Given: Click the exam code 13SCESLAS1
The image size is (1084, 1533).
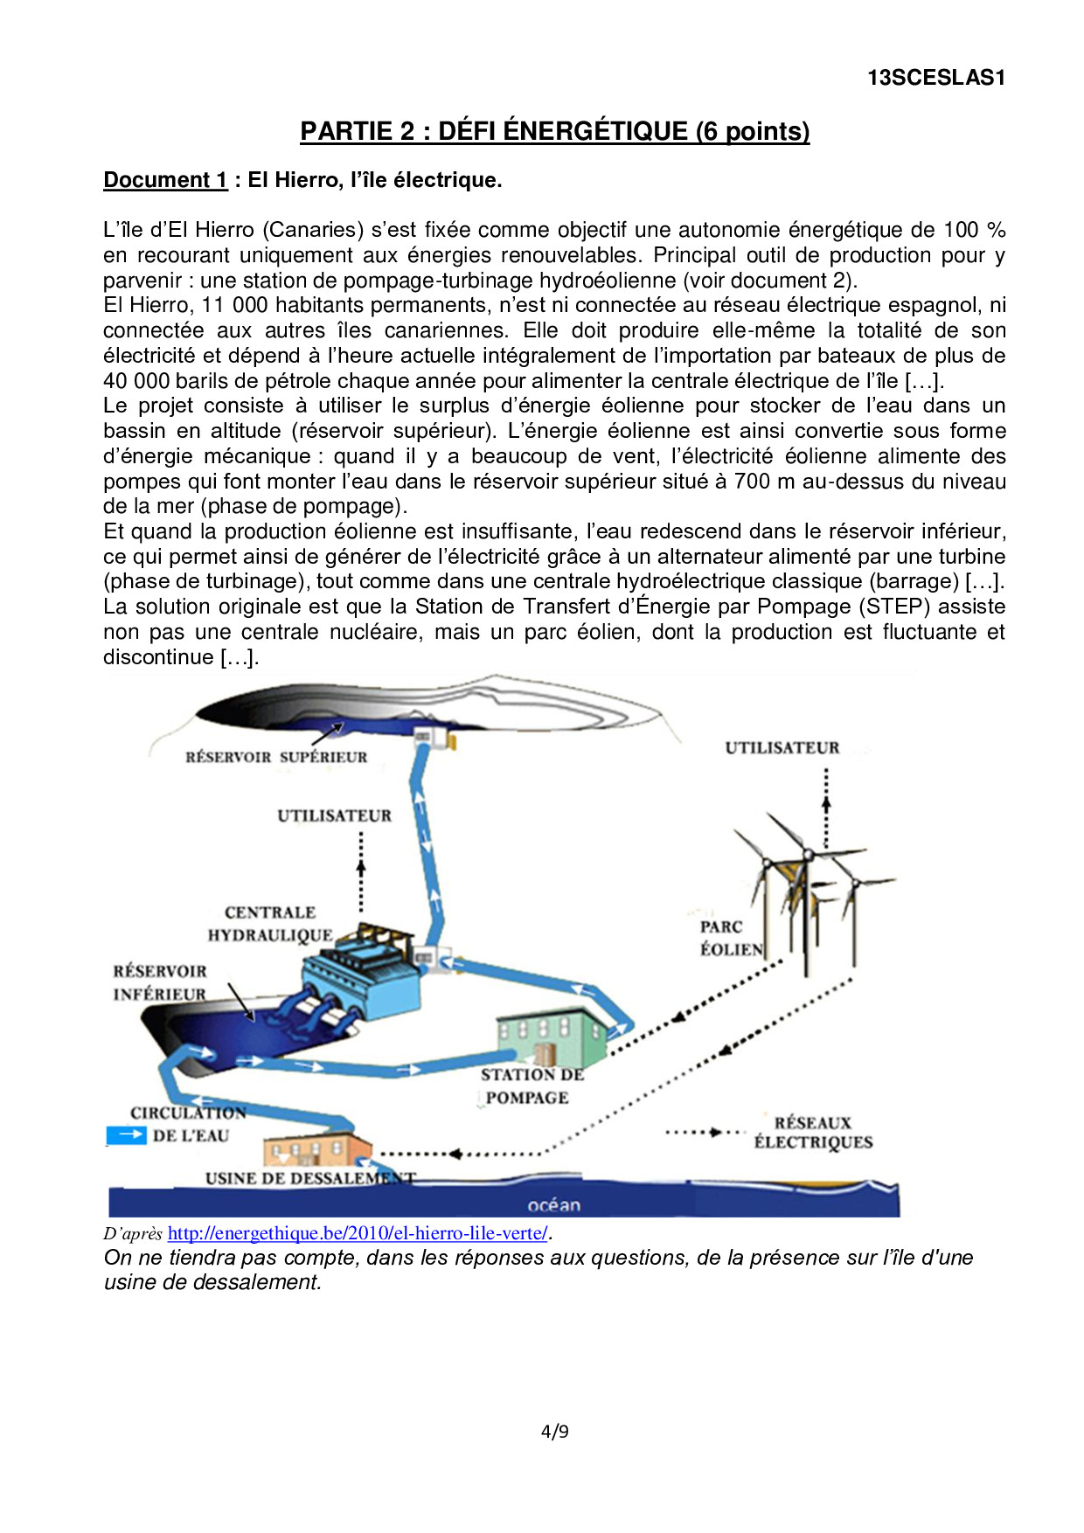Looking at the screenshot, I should coord(936,78).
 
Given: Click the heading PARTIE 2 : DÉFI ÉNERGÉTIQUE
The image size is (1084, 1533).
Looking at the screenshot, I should coord(554,131).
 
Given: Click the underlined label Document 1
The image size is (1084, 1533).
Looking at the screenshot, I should coord(165,180).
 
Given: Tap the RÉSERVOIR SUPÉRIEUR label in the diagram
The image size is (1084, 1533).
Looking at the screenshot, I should coord(276,757).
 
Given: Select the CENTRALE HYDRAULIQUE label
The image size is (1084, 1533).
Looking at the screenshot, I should coord(270,924).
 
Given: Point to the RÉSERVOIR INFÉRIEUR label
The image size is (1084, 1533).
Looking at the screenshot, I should coord(160,982).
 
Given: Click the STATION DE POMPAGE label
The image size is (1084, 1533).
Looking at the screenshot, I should coord(530,1086).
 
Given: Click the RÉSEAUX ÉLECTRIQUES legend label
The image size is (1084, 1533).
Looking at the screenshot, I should coord(813,1133).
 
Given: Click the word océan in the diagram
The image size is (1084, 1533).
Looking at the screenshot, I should coord(553,1205).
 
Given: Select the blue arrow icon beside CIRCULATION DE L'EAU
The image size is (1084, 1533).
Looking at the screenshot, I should coord(126,1134).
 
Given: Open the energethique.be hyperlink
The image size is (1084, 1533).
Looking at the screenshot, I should coord(358,1233).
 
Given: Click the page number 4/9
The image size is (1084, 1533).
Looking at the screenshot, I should coord(554,1432).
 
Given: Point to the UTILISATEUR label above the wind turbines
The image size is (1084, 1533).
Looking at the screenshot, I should coord(782,748).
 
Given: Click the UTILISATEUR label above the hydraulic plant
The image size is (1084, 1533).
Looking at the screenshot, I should coord(334,815).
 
